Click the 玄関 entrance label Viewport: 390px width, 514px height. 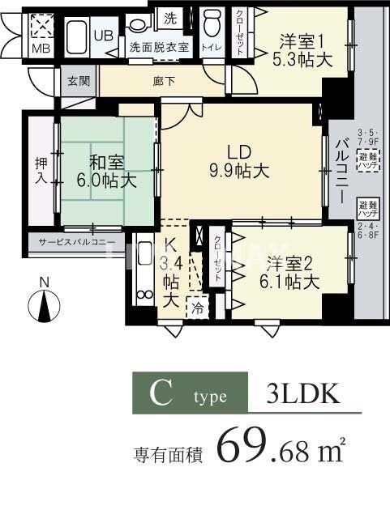pyautogui.click(x=78, y=80)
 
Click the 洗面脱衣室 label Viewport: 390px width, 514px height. pyautogui.click(x=159, y=47)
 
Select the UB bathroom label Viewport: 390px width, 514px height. pyautogui.click(x=104, y=35)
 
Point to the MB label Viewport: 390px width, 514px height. pyautogui.click(x=40, y=48)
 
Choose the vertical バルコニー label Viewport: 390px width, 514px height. pyautogui.click(x=341, y=170)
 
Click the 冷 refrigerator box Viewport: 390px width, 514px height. pyautogui.click(x=198, y=308)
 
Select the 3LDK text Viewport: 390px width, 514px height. pyautogui.click(x=302, y=395)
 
